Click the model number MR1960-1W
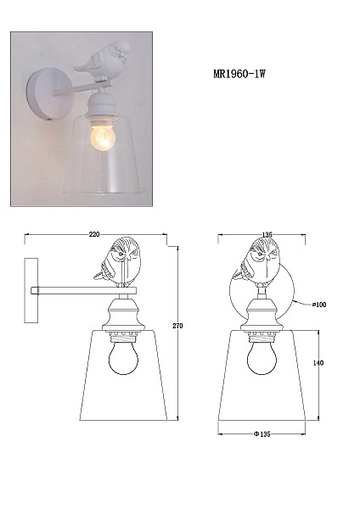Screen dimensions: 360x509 pyautogui.click(x=239, y=74)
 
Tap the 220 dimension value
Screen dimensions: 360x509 pyautogui.click(x=94, y=234)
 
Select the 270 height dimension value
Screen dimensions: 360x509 pyautogui.click(x=177, y=326)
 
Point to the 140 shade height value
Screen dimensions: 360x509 pyautogui.click(x=318, y=362)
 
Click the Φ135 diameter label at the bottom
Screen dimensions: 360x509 pyautogui.click(x=262, y=434)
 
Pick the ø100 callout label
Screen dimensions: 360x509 pyautogui.click(x=319, y=305)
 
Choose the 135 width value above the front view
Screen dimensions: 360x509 pyautogui.click(x=267, y=234)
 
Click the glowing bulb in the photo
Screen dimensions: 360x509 pyautogui.click(x=102, y=137)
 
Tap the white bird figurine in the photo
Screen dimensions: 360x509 pyautogui.click(x=102, y=60)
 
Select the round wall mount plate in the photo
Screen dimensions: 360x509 pyautogui.click(x=43, y=94)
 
